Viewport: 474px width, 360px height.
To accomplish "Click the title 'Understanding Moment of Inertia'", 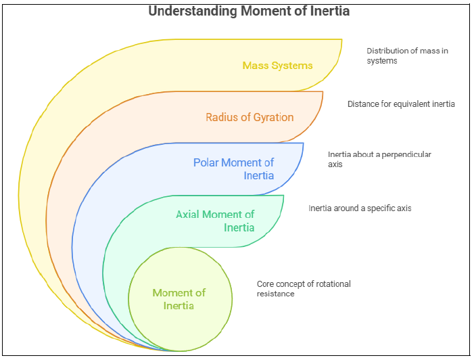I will tap(248, 12).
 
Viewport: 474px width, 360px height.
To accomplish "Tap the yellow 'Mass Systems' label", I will tap(277, 66).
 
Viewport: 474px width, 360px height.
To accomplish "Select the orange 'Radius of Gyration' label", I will tap(250, 117).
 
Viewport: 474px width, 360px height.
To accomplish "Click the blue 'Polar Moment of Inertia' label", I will tap(234, 168).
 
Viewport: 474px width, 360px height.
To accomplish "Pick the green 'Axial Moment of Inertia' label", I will tap(216, 221).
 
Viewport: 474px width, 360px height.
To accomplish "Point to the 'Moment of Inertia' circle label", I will tap(179, 299).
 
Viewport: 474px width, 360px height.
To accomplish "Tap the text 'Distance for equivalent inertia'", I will tap(401, 104).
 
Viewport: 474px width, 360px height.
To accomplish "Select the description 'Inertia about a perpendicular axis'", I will tap(379, 159).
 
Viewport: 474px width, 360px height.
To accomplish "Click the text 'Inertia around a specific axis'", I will tap(360, 208).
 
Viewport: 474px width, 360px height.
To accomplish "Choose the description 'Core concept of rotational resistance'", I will tap(304, 289).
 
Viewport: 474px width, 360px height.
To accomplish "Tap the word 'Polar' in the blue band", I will tap(206, 162).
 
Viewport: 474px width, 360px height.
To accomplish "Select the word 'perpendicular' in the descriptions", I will tap(407, 154).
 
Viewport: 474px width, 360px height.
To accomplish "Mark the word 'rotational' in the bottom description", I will tap(333, 284).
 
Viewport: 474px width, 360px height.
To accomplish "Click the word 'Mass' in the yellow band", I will tap(255, 66).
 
